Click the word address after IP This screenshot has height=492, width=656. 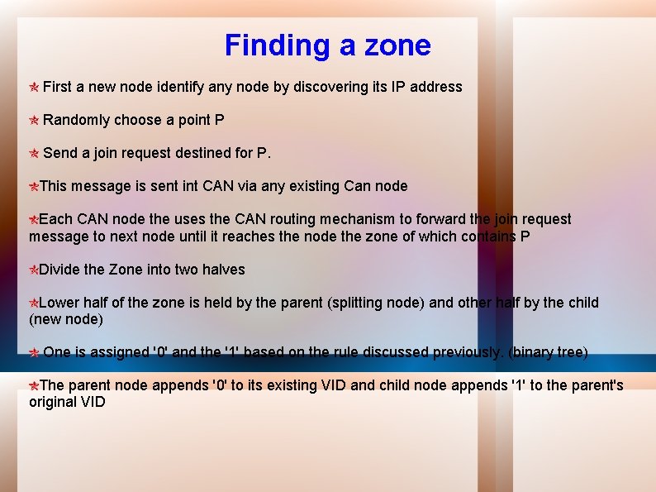436,87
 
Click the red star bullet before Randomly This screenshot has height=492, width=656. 34,121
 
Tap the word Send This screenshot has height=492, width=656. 59,153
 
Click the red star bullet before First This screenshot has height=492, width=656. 34,88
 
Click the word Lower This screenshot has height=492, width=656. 59,303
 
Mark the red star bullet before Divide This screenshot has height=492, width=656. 34,270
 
